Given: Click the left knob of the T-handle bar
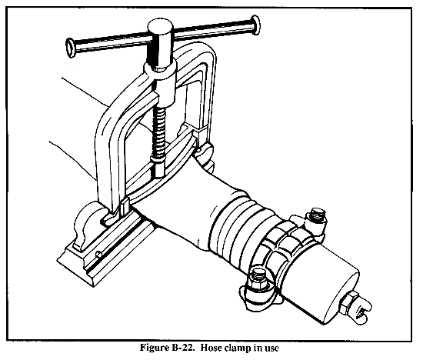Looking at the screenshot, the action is click(71, 48).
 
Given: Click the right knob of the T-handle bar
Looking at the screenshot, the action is click(255, 25).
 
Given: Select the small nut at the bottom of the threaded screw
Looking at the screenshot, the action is click(159, 168).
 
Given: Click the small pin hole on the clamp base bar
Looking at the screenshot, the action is click(99, 254).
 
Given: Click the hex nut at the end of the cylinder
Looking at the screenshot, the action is click(350, 303).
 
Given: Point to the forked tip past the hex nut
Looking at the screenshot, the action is click(363, 310).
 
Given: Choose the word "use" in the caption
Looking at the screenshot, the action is click(271, 348).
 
